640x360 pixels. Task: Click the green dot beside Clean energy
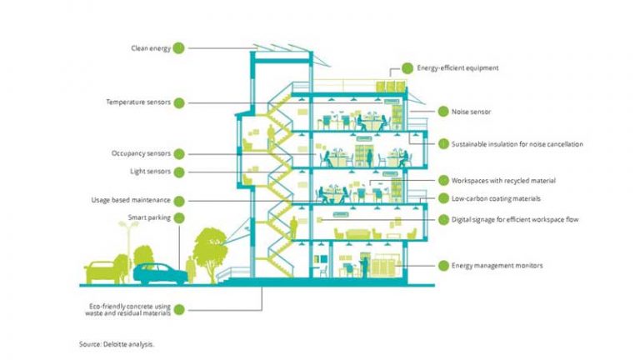tap(178, 48)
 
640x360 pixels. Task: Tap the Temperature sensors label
tap(138, 102)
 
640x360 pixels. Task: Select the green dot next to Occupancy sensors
tap(179, 154)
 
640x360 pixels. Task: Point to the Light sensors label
tap(150, 172)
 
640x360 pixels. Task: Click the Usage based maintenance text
tap(131, 200)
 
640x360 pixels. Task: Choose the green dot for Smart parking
tap(179, 218)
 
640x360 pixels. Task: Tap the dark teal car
tap(160, 273)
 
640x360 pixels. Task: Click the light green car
tap(102, 272)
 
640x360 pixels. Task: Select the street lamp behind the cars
tap(128, 249)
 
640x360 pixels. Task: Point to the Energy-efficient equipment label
tap(457, 67)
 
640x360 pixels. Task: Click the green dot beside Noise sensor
tap(443, 112)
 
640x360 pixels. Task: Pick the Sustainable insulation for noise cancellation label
tap(517, 144)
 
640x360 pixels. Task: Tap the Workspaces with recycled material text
tap(503, 180)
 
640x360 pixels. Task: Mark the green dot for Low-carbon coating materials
tap(443, 198)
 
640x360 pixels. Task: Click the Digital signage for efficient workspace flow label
tap(515, 220)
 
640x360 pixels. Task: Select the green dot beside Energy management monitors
tap(443, 266)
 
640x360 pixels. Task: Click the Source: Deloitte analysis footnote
tap(117, 344)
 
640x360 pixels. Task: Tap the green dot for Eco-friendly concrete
tap(179, 310)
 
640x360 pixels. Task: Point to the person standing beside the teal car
tap(191, 269)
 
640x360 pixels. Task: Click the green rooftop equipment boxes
tap(391, 87)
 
